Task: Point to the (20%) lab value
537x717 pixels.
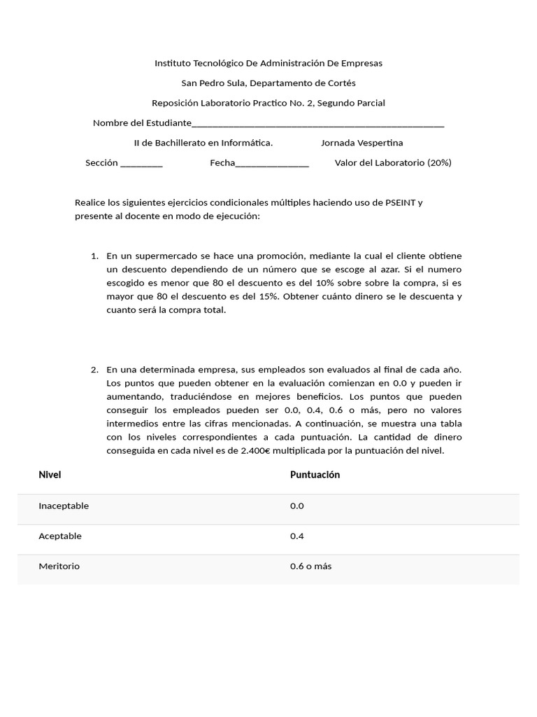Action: click(439, 162)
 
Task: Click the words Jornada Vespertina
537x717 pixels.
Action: click(361, 143)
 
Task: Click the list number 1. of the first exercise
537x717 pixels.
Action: click(94, 256)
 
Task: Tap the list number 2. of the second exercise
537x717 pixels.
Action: click(94, 370)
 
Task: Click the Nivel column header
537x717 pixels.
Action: click(50, 475)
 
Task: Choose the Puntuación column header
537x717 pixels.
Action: click(315, 475)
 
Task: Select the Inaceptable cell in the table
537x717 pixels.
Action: click(64, 506)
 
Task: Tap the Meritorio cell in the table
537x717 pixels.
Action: click(59, 566)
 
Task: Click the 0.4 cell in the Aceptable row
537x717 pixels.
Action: click(297, 536)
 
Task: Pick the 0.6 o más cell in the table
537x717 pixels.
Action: click(310, 566)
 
